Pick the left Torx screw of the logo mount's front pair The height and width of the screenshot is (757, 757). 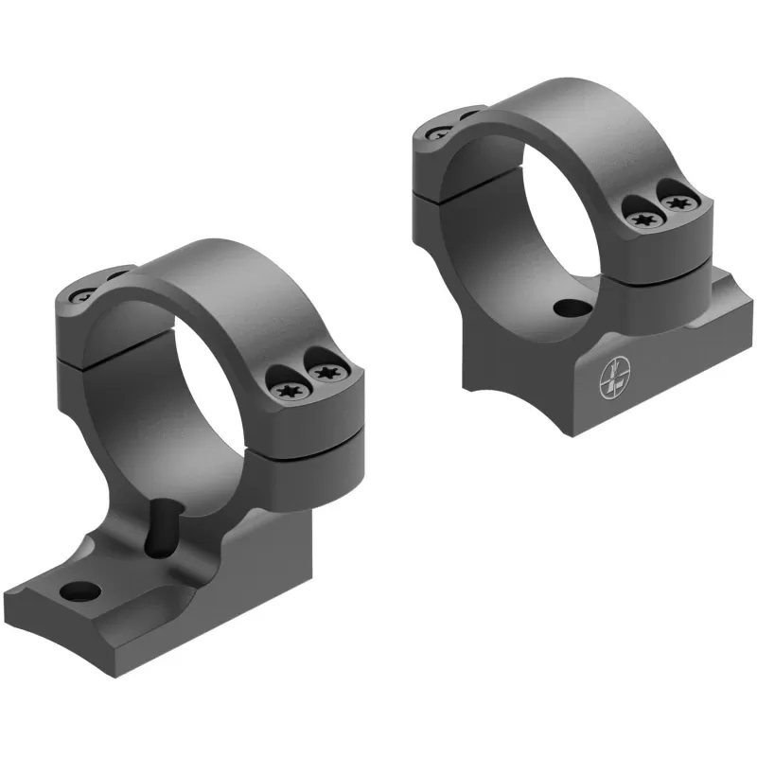click(644, 220)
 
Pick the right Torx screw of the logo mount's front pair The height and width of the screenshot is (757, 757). click(676, 202)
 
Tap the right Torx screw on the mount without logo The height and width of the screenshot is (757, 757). click(323, 371)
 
